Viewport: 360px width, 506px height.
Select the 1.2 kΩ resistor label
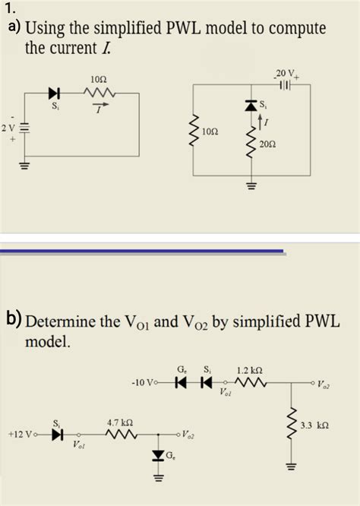click(x=250, y=372)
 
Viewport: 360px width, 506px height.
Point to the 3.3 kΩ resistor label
click(x=317, y=423)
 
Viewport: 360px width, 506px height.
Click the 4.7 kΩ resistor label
click(x=121, y=422)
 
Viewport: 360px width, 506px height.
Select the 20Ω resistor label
click(x=267, y=143)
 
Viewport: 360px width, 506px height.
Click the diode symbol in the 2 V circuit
click(x=54, y=93)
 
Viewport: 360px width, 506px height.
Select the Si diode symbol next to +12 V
click(x=56, y=435)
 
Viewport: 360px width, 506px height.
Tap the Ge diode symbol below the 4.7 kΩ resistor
click(x=158, y=456)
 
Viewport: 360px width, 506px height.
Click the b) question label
click(x=13, y=322)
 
